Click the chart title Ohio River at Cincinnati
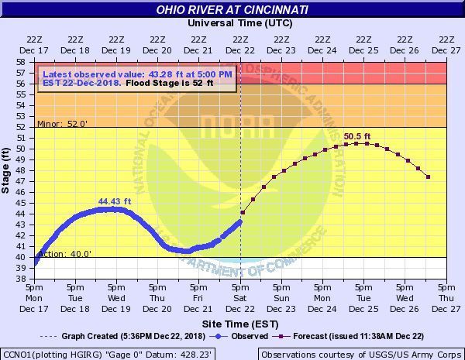(232, 10)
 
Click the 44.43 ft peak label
(115, 202)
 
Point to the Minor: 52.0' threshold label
(57, 123)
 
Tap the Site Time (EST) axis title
(240, 323)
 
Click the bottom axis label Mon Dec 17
(34, 298)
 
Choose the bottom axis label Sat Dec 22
(240, 298)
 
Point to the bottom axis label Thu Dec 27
(446, 298)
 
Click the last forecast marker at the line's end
(429, 177)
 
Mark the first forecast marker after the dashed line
(243, 212)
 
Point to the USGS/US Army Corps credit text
(360, 353)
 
